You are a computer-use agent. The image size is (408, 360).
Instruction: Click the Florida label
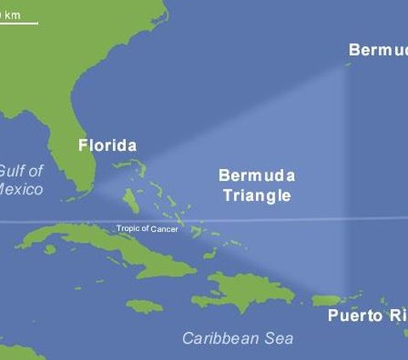pyautogui.click(x=107, y=145)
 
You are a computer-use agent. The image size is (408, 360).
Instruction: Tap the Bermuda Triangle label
pyautogui.click(x=257, y=185)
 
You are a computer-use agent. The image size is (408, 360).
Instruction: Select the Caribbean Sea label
pyautogui.click(x=238, y=338)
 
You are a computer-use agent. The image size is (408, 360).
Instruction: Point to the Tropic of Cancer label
pyautogui.click(x=147, y=229)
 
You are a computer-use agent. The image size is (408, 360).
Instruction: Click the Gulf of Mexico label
pyautogui.click(x=21, y=179)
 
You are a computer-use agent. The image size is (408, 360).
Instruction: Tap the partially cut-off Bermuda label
pyautogui.click(x=377, y=50)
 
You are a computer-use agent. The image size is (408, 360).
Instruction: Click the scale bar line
pyautogui.click(x=19, y=23)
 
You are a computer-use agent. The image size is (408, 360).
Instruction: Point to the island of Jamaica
pyautogui.click(x=144, y=305)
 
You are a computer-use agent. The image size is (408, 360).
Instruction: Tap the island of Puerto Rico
pyautogui.click(x=327, y=300)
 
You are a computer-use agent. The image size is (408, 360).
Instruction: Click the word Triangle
pyautogui.click(x=257, y=195)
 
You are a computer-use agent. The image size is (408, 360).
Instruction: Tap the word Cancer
pyautogui.click(x=164, y=229)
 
